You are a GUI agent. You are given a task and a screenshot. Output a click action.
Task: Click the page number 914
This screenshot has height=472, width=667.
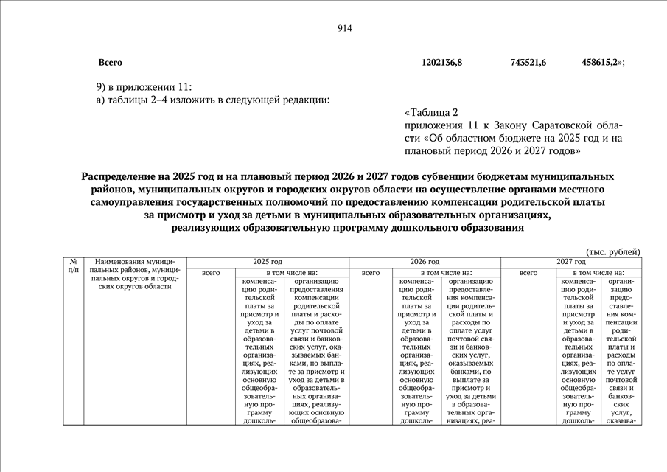[x=344, y=29]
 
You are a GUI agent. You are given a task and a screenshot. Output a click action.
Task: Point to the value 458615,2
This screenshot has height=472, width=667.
[x=601, y=63]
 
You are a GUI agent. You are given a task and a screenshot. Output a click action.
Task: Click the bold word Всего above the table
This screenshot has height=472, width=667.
[x=110, y=63]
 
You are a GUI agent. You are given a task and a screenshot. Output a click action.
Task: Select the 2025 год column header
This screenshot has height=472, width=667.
[x=267, y=262]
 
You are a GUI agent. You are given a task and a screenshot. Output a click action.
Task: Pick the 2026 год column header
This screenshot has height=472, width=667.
[x=425, y=262]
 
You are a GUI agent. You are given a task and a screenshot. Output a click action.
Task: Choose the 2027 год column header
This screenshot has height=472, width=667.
[x=570, y=262]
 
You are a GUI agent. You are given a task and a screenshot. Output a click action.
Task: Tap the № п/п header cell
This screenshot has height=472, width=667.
[x=74, y=266]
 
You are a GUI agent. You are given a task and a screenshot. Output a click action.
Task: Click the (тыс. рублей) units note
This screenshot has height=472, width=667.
[x=613, y=251]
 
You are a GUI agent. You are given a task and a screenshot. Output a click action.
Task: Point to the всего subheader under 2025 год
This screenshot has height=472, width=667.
[x=212, y=273]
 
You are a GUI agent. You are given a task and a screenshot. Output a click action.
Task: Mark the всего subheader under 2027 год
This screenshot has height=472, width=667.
[x=528, y=273]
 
